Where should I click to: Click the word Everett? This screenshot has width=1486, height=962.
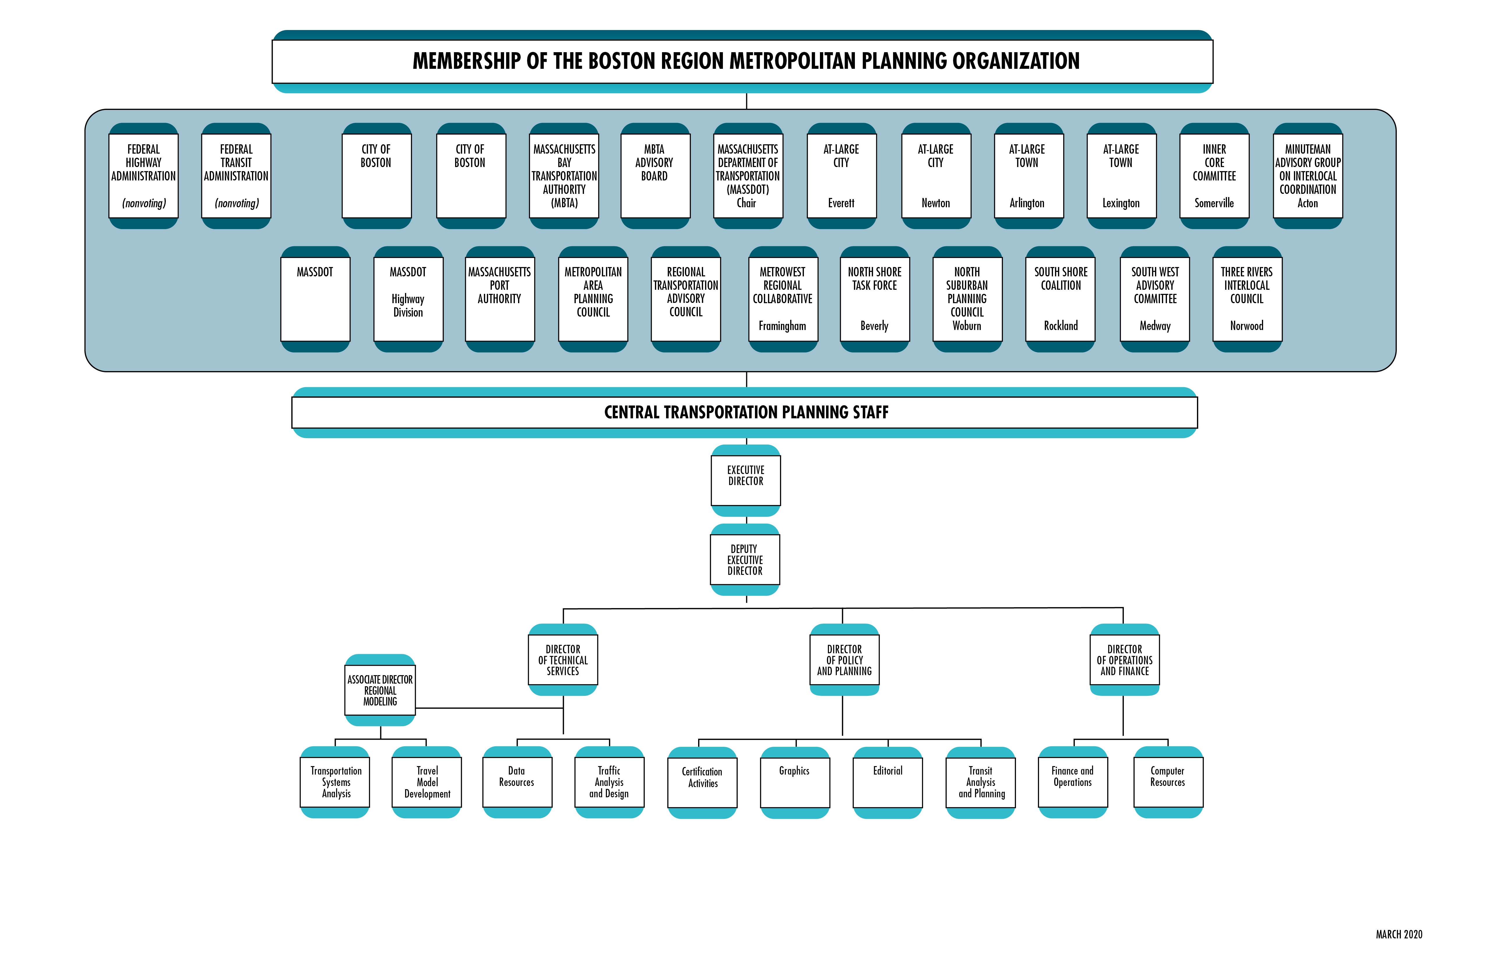[841, 203]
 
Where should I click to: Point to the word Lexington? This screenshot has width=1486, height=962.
[1121, 203]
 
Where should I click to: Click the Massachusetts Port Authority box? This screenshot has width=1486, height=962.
[499, 299]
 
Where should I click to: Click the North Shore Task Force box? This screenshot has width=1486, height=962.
[875, 299]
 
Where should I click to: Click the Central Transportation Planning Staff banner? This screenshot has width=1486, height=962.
[746, 412]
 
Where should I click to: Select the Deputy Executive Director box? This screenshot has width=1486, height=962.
[745, 560]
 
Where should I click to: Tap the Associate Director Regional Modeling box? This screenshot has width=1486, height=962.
[380, 690]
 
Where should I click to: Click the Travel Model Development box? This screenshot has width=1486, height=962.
[427, 782]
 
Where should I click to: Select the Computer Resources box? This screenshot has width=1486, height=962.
[1168, 782]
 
